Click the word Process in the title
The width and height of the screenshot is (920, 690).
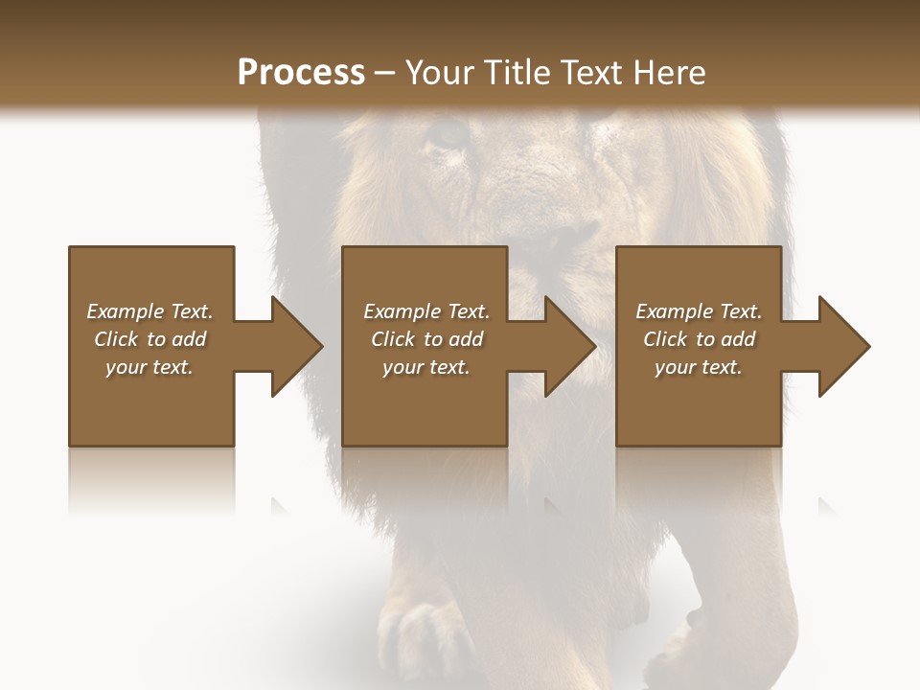[301, 72]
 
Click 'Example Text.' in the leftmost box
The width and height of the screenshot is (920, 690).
[149, 311]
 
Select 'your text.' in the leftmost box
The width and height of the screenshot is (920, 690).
[149, 367]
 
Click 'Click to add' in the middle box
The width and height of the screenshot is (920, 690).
[426, 339]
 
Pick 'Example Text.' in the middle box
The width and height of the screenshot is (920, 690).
[426, 311]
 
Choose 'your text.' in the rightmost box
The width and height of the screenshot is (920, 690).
[699, 367]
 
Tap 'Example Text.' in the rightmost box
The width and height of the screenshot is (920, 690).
[699, 311]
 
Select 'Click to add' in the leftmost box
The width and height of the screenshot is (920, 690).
[149, 339]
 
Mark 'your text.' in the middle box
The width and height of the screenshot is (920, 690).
[426, 367]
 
